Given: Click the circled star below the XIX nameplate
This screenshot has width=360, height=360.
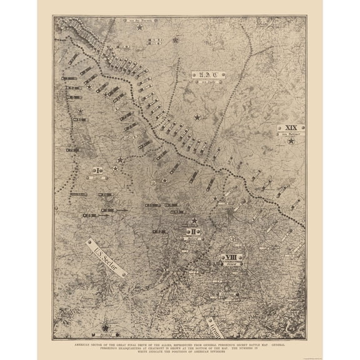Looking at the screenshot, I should [x=291, y=142].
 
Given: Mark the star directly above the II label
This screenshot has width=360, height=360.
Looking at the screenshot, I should [x=195, y=221].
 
